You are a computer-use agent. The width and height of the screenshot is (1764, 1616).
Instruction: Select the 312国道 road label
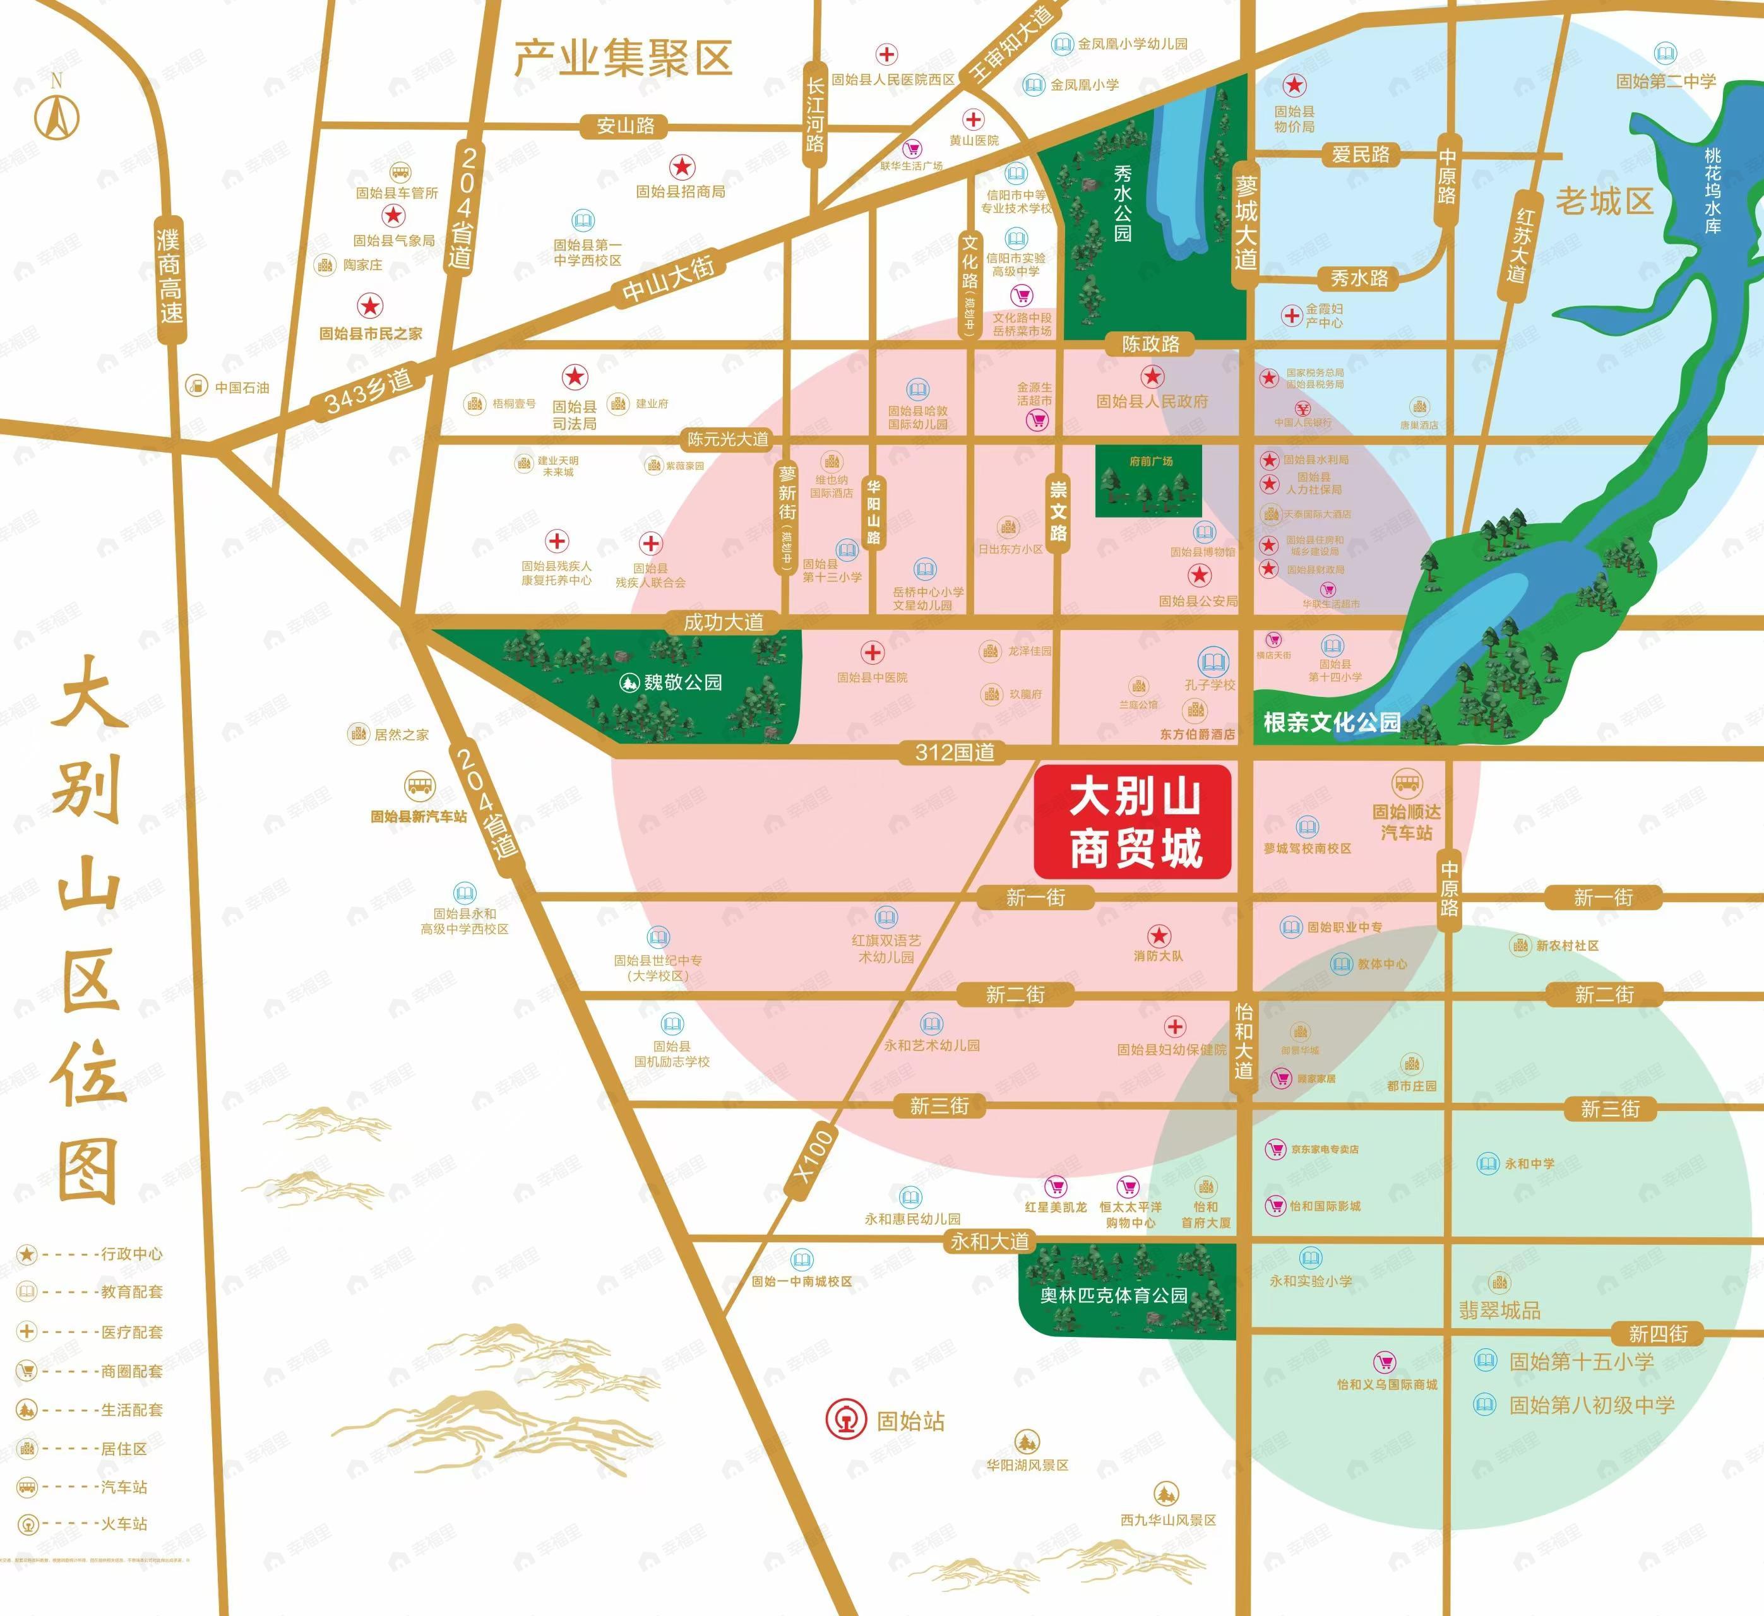[954, 752]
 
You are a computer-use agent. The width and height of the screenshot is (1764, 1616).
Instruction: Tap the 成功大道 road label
[723, 622]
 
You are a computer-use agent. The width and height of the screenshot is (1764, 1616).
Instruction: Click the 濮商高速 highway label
[170, 276]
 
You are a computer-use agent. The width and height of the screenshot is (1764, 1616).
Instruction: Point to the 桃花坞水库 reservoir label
[1712, 190]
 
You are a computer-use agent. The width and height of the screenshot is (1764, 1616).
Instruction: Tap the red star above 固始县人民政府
[1152, 377]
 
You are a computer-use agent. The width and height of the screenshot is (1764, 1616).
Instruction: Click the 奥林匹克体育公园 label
[1113, 1295]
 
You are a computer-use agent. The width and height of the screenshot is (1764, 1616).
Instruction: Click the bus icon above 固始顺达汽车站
[1406, 782]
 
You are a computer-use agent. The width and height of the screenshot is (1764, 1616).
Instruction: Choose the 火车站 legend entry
[123, 1523]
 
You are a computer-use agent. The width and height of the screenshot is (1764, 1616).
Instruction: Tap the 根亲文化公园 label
[1332, 722]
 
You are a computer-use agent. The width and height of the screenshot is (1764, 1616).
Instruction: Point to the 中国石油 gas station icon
[197, 385]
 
